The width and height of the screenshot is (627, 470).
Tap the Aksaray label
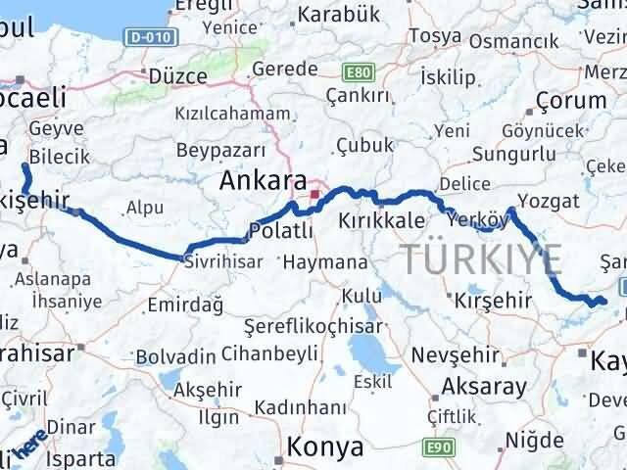pos(484,385)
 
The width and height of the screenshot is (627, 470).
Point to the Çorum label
pos(572,100)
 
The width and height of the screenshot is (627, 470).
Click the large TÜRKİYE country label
pos(482,259)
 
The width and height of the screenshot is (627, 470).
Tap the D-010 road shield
pos(146,37)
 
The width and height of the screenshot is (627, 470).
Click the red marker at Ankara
pos(314,196)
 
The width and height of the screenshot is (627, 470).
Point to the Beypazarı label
pos(220,151)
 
